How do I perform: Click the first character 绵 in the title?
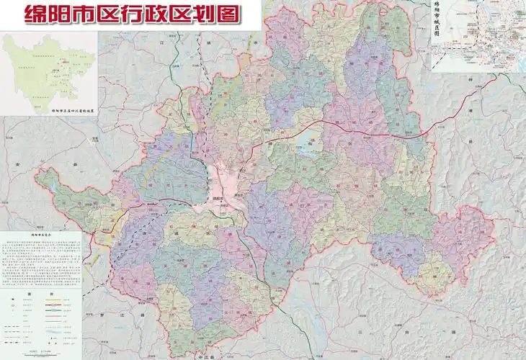point(35,14)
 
